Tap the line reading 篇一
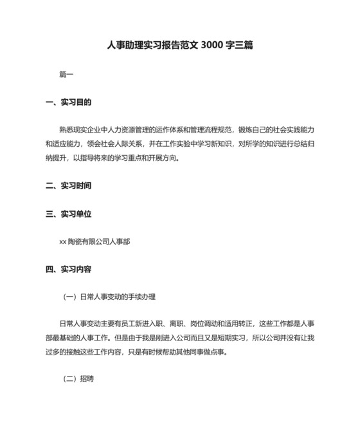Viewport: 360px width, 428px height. click(66, 75)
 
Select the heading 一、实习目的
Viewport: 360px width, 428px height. click(69, 102)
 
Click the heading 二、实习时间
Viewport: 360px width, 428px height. click(69, 186)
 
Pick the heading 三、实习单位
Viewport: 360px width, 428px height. click(69, 214)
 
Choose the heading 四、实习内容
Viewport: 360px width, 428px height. click(69, 270)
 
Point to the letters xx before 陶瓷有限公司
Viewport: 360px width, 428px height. click(62, 242)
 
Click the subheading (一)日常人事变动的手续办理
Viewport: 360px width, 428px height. click(109, 297)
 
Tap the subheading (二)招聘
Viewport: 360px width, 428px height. click(78, 379)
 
